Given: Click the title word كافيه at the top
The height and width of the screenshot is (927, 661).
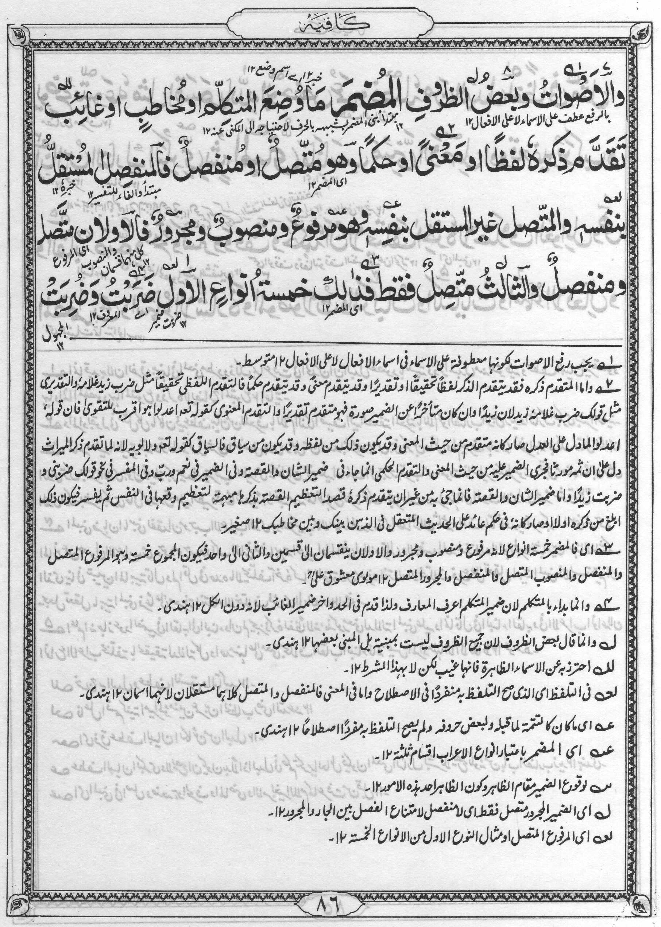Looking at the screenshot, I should [x=330, y=24].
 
